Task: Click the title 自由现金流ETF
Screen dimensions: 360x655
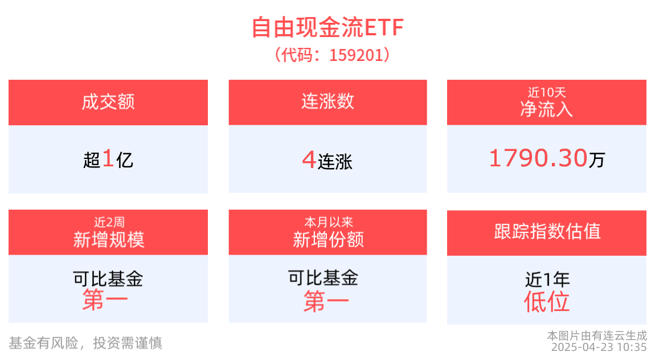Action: (327, 27)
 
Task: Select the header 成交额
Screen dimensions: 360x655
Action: (108, 103)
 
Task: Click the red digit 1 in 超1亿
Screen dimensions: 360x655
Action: (108, 159)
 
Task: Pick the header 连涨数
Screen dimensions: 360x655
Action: (327, 101)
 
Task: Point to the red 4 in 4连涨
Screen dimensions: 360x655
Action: (309, 160)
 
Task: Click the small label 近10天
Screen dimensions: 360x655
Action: (546, 92)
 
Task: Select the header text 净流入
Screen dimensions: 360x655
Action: (546, 108)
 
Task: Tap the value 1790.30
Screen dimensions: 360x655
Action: (538, 158)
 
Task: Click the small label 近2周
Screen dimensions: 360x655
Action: (108, 222)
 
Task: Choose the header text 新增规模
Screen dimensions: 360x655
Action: (108, 239)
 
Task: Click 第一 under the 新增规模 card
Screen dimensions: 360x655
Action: (105, 300)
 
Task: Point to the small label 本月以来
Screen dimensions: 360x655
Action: (328, 222)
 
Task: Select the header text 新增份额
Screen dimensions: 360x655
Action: (328, 239)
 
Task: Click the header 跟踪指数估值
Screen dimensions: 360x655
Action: (547, 232)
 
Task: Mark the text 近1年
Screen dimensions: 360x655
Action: (547, 279)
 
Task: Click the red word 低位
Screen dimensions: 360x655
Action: (547, 301)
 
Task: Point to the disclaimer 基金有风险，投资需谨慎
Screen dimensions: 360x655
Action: (85, 342)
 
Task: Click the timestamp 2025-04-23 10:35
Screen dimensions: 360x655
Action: (598, 347)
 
